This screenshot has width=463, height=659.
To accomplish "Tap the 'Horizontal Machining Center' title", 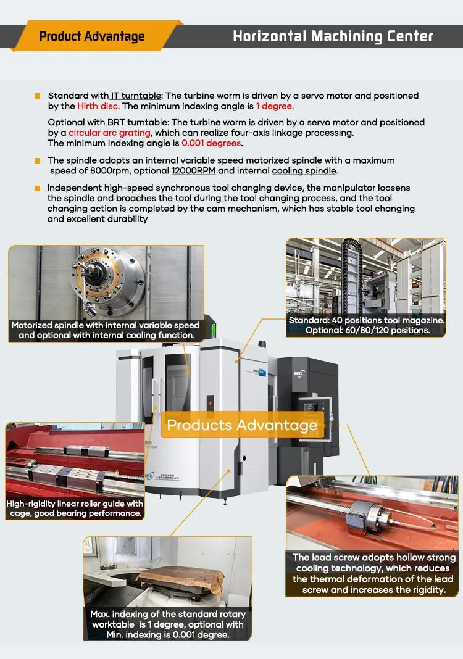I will click(333, 36).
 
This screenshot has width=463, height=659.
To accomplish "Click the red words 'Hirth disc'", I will click(98, 106).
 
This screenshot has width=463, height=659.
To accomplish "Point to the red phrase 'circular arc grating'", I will click(109, 133).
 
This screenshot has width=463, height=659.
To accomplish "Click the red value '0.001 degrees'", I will click(211, 143).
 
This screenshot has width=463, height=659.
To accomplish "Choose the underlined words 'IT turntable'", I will click(136, 96).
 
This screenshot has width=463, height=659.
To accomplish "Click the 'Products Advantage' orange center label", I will click(242, 425).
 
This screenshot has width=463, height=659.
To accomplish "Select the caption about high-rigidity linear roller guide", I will click(75, 508).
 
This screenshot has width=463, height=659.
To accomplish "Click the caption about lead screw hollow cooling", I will click(373, 573).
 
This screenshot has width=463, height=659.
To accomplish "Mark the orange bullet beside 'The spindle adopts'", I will click(38, 160).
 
